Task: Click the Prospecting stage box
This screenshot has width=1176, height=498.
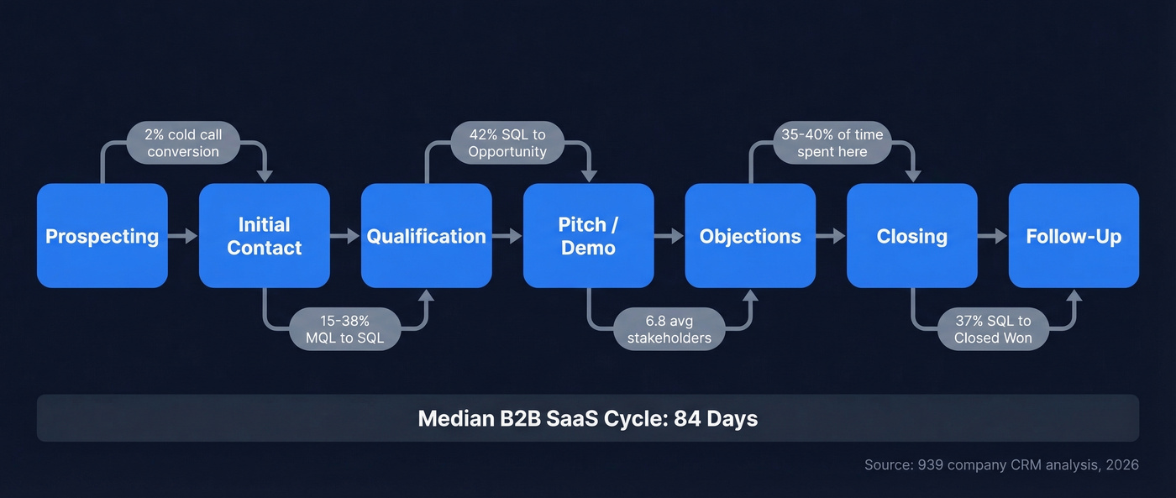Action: click(102, 236)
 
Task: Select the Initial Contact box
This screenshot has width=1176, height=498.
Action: click(264, 236)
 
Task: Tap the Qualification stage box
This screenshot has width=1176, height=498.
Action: click(426, 236)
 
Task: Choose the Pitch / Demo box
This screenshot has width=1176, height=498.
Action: click(588, 236)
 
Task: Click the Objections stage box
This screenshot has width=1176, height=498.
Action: click(750, 236)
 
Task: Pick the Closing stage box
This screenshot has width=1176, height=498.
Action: click(911, 236)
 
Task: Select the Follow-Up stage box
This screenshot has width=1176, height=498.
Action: click(1074, 236)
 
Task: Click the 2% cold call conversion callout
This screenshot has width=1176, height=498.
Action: click(183, 143)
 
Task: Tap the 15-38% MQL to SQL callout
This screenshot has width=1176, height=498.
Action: click(345, 329)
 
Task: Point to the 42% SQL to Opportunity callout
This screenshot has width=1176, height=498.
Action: click(507, 143)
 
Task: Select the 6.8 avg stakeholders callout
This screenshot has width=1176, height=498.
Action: click(669, 329)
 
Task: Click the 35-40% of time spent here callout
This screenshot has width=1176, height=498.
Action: click(832, 143)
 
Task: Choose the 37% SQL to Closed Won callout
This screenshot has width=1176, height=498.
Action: click(993, 329)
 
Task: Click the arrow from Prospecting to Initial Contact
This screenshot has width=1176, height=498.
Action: click(183, 237)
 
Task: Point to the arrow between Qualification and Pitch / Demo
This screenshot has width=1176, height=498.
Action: click(507, 237)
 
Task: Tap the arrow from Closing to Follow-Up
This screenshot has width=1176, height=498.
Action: click(993, 237)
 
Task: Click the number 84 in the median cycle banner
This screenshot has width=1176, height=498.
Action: click(688, 418)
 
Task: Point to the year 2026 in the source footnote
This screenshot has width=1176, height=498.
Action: click(1121, 464)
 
